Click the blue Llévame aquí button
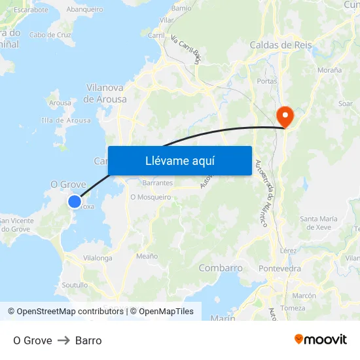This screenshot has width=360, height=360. (179, 160)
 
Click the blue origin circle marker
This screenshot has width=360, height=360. (75, 202)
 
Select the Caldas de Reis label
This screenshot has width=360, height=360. (281, 45)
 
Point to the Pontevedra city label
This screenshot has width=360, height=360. (280, 268)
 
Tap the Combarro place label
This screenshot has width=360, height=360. (221, 268)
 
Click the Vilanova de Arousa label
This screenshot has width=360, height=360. (105, 93)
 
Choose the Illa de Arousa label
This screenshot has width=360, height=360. (65, 120)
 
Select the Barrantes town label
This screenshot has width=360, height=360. (157, 184)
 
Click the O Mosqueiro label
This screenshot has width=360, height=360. (151, 196)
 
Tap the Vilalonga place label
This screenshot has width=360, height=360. (98, 259)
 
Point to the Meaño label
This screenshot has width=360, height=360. (147, 256)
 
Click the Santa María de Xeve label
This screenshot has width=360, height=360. (319, 223)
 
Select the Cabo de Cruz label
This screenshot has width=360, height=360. (50, 35)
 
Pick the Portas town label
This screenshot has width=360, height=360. (268, 81)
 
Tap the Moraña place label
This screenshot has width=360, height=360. (329, 69)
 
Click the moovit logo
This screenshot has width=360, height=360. (320, 340)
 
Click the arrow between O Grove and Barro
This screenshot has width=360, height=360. (63, 340)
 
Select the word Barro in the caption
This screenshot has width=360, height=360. (88, 340)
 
